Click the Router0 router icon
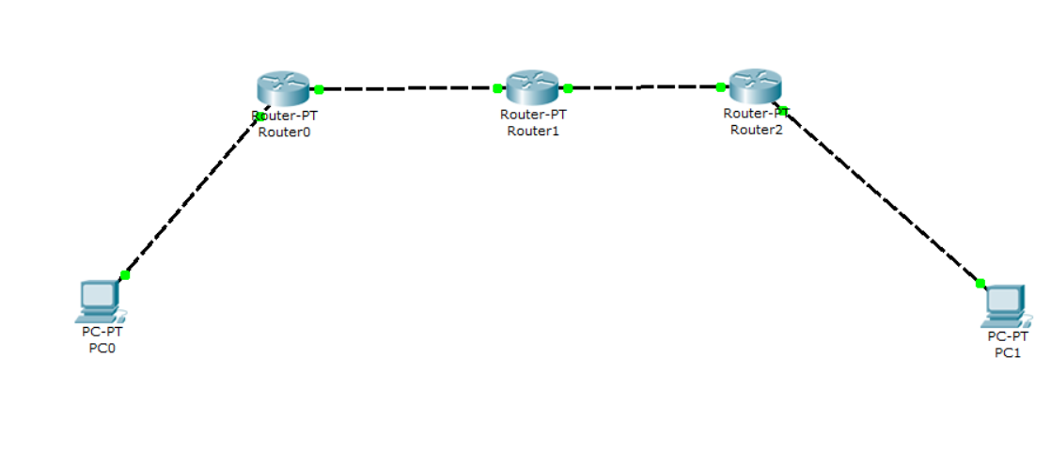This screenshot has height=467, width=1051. (x=282, y=87)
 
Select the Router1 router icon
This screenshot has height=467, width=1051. (x=532, y=87)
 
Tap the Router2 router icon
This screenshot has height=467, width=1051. (x=756, y=86)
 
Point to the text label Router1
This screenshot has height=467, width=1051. (x=533, y=131)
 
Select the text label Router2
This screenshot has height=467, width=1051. (x=756, y=130)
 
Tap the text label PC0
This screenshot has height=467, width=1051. (x=101, y=348)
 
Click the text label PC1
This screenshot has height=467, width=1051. (x=1007, y=352)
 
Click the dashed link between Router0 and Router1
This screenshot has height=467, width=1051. (x=408, y=89)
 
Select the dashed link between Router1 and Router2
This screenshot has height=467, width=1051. (x=644, y=87)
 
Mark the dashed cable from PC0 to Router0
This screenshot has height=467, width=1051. (x=193, y=195)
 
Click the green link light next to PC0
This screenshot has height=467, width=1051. (x=125, y=275)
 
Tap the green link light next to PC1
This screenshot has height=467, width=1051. (x=980, y=283)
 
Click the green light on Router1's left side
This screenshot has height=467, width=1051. (x=497, y=89)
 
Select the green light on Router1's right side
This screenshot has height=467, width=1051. (x=568, y=88)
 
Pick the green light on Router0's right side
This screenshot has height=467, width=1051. (x=319, y=89)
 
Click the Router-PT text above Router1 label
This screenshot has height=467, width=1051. (x=533, y=115)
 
